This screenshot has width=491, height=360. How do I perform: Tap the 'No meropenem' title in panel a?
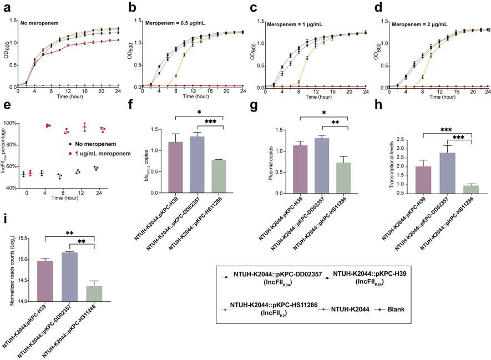pos(39,23)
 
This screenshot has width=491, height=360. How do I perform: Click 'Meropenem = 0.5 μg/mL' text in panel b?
pos(173,23)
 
